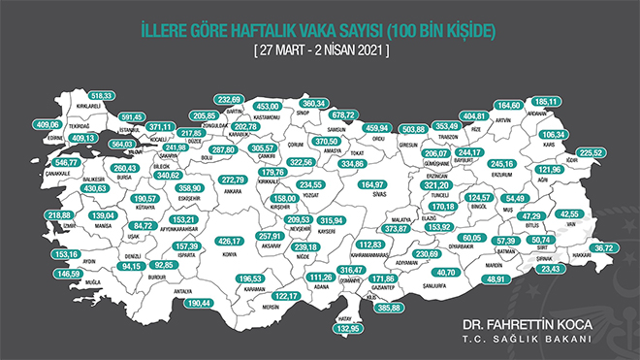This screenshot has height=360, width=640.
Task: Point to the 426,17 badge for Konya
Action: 231,241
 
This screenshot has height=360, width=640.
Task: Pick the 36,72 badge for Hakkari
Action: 607,248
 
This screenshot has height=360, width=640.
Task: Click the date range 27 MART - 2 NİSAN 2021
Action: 320,49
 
